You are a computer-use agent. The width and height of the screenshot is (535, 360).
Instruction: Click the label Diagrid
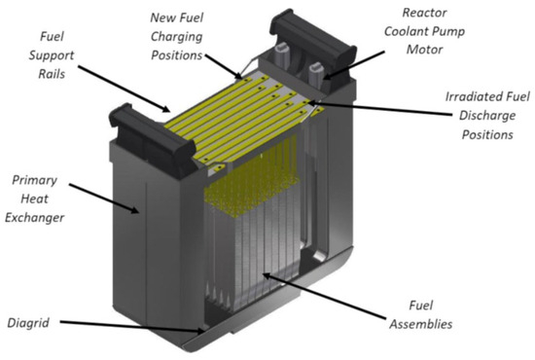pyautogui.click(x=28, y=323)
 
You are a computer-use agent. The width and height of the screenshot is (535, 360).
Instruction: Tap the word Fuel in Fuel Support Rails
pyautogui.click(x=52, y=36)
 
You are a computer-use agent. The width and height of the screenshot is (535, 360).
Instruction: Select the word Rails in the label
pyautogui.click(x=52, y=74)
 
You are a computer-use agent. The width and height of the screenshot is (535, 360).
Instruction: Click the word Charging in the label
pyautogui.click(x=177, y=37)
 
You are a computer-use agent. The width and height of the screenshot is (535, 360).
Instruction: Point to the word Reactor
pyautogui.click(x=424, y=13)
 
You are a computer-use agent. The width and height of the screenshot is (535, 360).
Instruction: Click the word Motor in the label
pyautogui.click(x=424, y=50)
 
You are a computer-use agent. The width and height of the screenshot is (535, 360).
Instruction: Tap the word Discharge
pyautogui.click(x=487, y=116)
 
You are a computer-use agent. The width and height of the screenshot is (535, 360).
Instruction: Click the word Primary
pyautogui.click(x=34, y=180)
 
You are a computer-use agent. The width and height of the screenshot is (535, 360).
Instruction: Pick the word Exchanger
pyautogui.click(x=34, y=218)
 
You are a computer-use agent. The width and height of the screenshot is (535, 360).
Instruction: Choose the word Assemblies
pyautogui.click(x=421, y=324)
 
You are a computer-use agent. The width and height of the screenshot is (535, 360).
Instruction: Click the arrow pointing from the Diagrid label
pyautogui.click(x=132, y=326)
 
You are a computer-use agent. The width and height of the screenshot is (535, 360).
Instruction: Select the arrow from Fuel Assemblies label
pyautogui.click(x=325, y=297)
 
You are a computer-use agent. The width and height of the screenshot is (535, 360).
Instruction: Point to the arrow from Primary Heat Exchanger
pyautogui.click(x=104, y=198)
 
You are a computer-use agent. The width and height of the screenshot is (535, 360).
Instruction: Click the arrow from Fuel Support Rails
pyautogui.click(x=124, y=89)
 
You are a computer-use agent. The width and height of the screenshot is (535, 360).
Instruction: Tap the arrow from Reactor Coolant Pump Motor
pyautogui.click(x=353, y=65)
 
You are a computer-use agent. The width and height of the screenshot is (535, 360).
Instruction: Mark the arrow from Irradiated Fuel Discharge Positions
pyautogui.click(x=379, y=108)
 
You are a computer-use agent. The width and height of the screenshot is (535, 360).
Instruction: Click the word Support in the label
pyautogui.click(x=52, y=55)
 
